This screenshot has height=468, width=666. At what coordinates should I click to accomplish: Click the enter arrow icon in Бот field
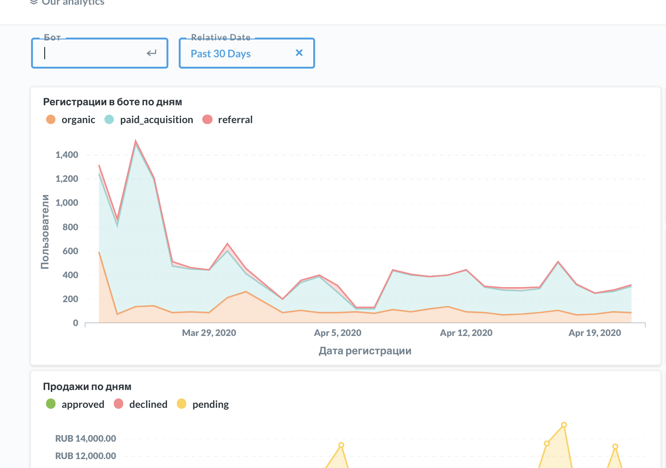(x=151, y=53)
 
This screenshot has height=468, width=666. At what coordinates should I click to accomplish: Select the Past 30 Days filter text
(x=221, y=54)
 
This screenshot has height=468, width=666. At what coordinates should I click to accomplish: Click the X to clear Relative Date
(x=299, y=53)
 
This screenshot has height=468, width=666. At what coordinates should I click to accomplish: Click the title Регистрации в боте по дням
(x=112, y=102)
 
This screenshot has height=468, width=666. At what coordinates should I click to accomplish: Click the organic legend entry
(x=78, y=120)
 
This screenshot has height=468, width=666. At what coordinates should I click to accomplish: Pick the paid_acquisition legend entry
(x=156, y=120)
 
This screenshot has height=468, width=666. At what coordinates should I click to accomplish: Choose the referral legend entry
(x=235, y=120)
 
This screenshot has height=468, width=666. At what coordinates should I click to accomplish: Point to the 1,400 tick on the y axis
(x=67, y=155)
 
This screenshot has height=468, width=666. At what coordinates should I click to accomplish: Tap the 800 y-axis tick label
(x=70, y=227)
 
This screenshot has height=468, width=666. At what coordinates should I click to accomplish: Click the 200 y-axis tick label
(x=70, y=299)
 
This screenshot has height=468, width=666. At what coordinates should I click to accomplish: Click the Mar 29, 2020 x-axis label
(x=209, y=333)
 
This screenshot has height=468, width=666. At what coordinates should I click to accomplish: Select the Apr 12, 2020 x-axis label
(x=466, y=333)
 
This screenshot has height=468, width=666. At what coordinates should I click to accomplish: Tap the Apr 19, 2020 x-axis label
(x=595, y=333)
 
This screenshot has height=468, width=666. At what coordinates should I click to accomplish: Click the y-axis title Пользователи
(x=45, y=232)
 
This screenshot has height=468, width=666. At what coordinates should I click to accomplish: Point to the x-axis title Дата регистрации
(x=365, y=351)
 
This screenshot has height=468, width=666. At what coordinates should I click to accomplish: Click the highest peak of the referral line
(x=135, y=141)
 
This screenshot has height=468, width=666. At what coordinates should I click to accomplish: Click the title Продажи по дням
(x=87, y=387)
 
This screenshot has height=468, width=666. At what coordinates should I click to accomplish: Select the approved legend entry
(x=83, y=405)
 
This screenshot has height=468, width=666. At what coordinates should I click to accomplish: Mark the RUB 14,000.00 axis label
(x=86, y=438)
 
